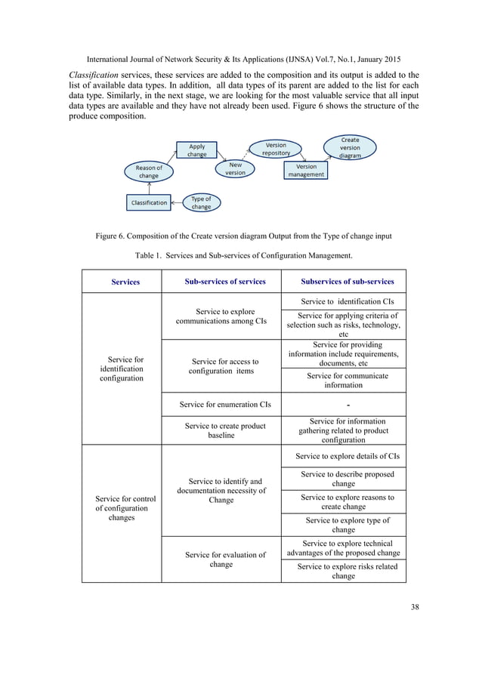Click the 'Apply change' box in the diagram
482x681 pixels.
[x=197, y=150]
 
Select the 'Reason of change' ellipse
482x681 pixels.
[x=149, y=172]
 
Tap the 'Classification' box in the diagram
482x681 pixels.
[x=149, y=203]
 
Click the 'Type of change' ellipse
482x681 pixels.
[x=201, y=202]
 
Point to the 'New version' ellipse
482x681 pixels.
[x=236, y=168]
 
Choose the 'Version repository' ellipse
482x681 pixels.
[x=276, y=149]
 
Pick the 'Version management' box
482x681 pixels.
[x=306, y=171]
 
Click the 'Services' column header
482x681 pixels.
[x=125, y=282]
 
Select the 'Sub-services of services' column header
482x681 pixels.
[x=225, y=282]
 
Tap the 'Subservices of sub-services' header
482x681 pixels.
[x=348, y=282]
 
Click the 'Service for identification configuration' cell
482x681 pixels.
[x=125, y=368]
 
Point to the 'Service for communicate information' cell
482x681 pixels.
[x=343, y=380]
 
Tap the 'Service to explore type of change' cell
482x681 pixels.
[x=343, y=525]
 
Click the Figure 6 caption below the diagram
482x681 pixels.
[x=243, y=236]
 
